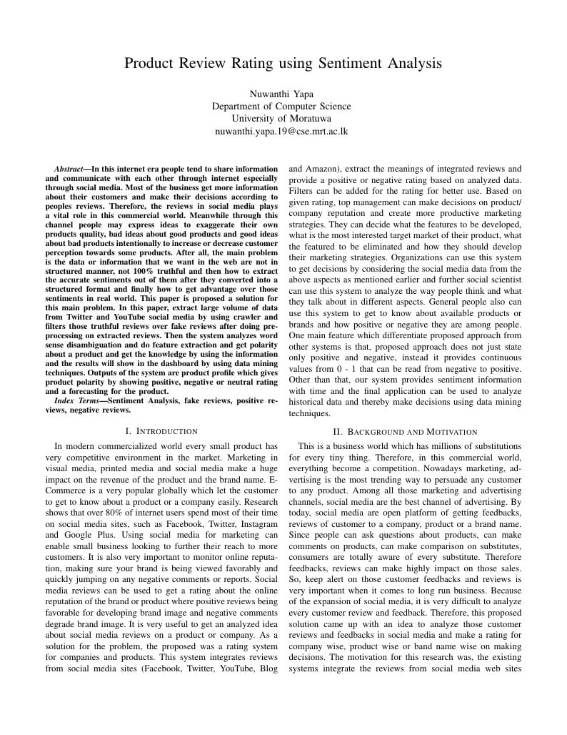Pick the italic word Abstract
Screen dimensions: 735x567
pos(69,169)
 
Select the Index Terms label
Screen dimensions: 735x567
pos(77,401)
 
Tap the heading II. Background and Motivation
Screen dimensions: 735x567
pos(405,431)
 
